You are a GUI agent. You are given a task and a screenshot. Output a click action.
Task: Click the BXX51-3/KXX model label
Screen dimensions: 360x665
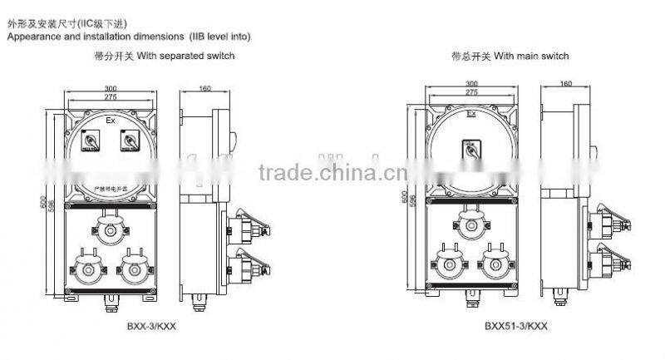(515, 327)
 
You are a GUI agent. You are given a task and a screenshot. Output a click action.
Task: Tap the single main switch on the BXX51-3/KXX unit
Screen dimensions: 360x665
(472, 150)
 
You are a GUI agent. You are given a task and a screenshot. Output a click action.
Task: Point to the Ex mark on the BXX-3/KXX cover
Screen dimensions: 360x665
(111, 121)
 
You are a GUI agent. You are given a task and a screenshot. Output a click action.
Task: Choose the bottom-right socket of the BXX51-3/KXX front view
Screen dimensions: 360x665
(494, 261)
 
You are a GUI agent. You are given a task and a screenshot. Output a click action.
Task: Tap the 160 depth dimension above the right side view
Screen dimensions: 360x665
(567, 83)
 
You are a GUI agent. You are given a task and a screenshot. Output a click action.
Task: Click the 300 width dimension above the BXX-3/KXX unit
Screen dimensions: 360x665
(111, 88)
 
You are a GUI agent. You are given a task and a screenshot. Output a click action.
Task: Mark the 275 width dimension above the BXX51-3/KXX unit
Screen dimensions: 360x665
(471, 92)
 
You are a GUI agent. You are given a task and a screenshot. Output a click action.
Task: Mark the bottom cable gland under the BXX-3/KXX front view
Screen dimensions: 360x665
(111, 304)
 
